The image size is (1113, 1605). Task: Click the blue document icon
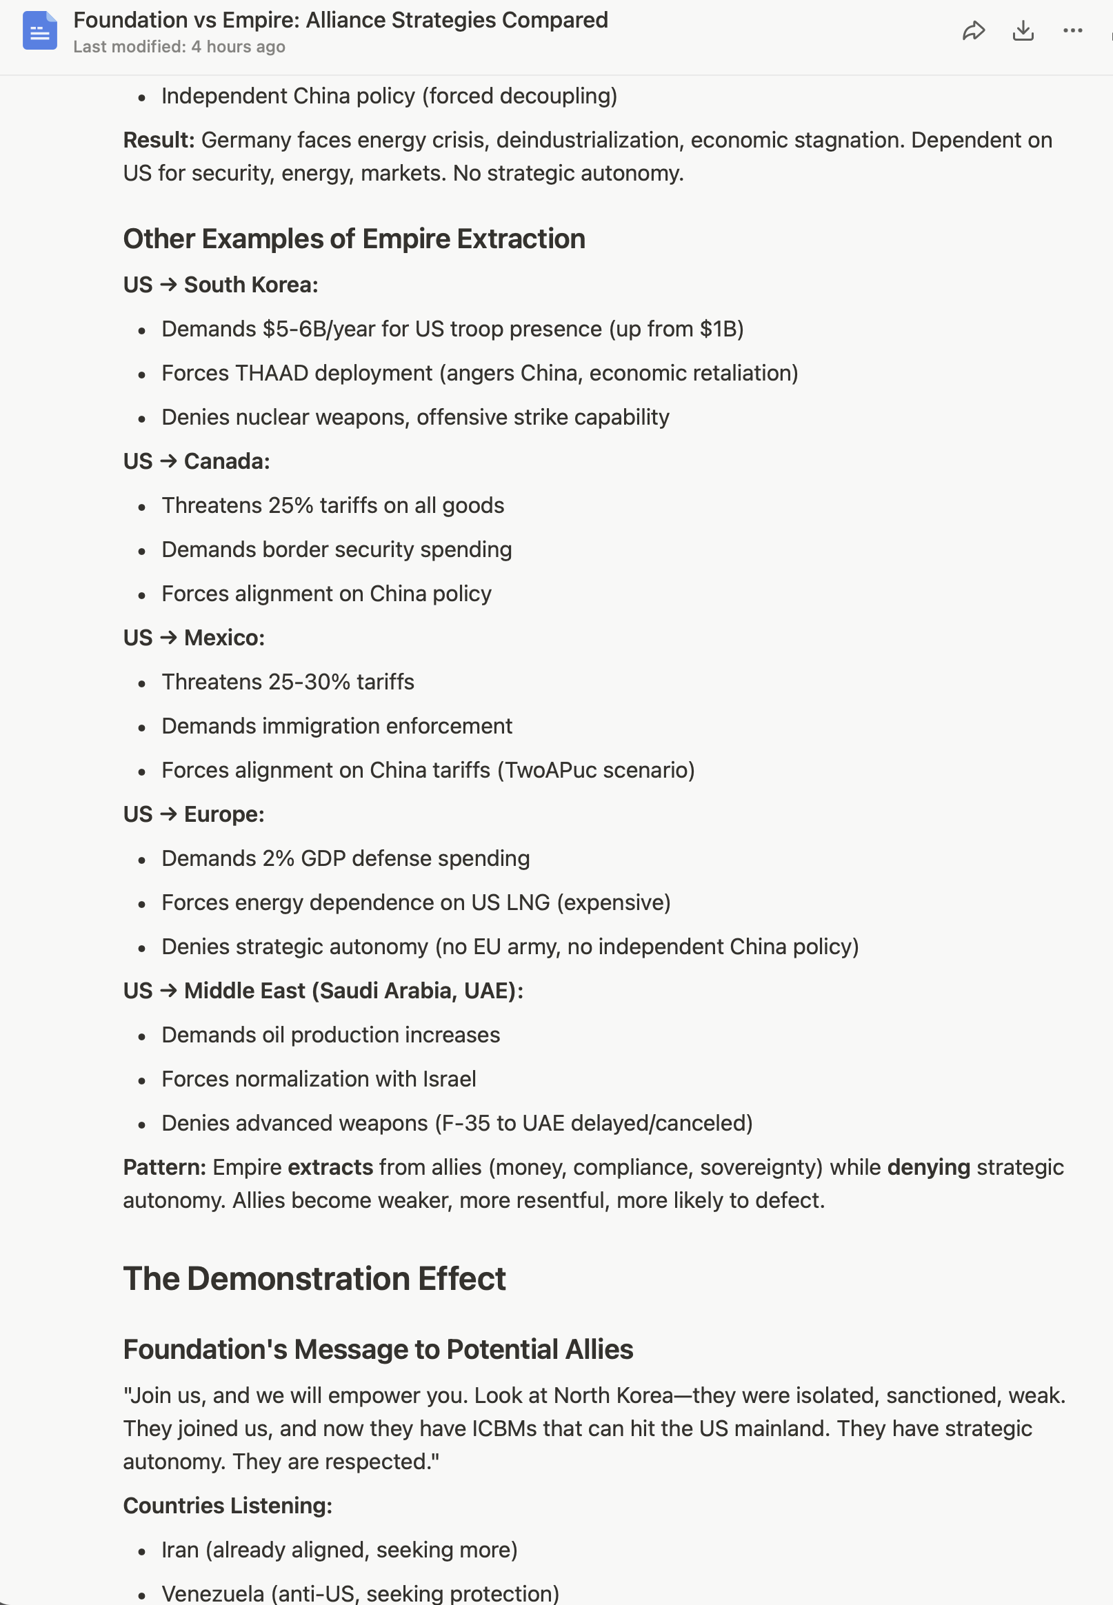tap(40, 30)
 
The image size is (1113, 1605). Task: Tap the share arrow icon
tap(973, 30)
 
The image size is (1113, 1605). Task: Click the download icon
tap(1023, 30)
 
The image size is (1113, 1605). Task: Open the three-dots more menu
tap(1072, 30)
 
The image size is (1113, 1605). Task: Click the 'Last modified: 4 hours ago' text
tap(179, 47)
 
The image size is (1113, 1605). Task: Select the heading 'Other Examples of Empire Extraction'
tap(354, 239)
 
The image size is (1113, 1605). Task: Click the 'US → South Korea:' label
tap(221, 285)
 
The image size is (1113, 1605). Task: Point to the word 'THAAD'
tap(271, 373)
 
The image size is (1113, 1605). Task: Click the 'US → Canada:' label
tap(196, 461)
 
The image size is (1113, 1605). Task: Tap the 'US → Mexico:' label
tap(194, 637)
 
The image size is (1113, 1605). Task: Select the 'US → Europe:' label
tap(194, 814)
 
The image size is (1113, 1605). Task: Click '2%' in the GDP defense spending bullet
tap(279, 858)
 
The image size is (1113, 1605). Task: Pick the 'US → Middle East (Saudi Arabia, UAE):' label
tap(323, 990)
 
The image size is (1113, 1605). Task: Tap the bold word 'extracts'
tap(330, 1167)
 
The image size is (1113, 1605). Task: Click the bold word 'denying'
tap(928, 1167)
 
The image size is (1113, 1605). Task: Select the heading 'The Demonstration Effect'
tap(314, 1279)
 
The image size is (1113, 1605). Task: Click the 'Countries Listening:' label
tap(228, 1505)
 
